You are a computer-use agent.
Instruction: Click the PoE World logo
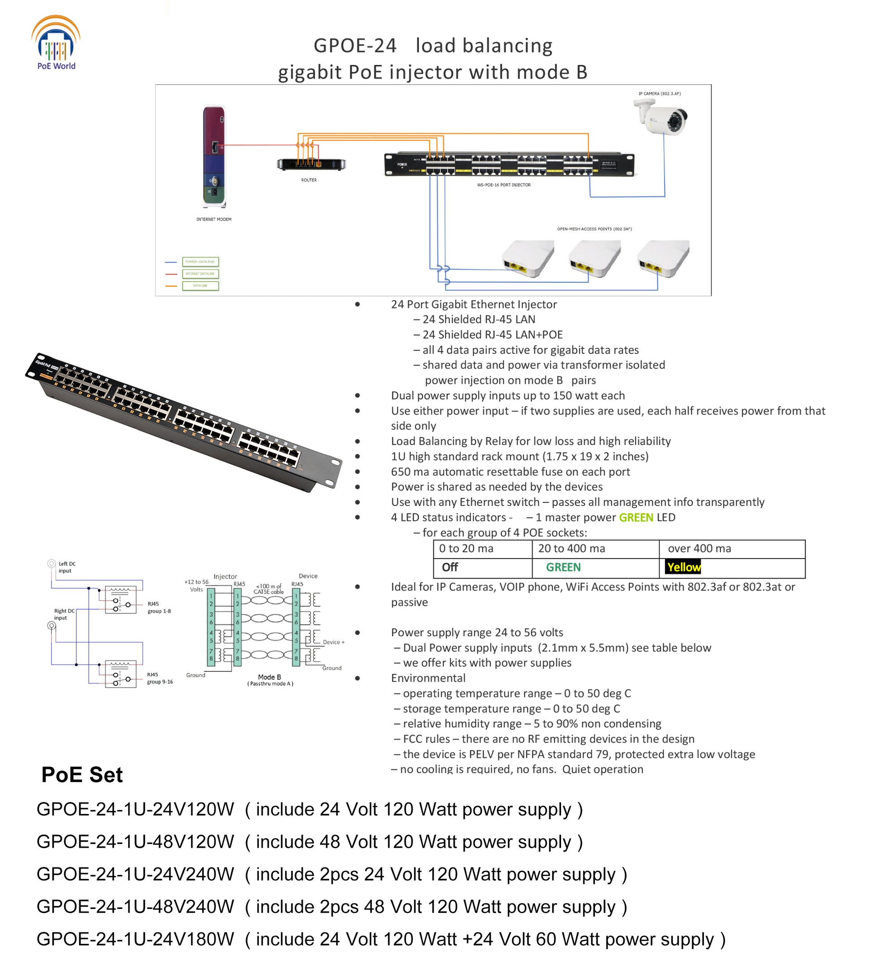(x=56, y=43)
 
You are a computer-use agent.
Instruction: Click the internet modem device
(x=214, y=156)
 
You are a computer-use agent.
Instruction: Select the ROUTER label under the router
(x=309, y=181)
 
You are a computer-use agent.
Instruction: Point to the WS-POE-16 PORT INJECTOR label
(x=504, y=185)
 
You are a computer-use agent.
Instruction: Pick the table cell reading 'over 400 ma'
(x=699, y=549)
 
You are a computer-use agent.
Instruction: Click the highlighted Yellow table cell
(x=683, y=568)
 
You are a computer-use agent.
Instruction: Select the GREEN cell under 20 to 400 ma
(x=563, y=568)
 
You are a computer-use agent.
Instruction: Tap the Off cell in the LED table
(x=449, y=568)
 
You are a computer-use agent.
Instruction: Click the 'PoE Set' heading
(x=82, y=775)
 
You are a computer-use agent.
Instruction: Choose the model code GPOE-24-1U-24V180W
(x=135, y=939)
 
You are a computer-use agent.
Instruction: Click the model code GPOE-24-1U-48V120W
(x=135, y=841)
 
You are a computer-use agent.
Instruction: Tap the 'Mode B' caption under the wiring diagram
(x=269, y=677)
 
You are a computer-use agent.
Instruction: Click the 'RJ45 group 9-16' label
(x=160, y=678)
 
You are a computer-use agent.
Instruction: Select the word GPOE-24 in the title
(x=355, y=46)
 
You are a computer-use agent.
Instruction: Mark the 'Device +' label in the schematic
(x=333, y=642)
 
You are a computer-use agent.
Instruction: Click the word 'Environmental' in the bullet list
(x=428, y=678)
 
